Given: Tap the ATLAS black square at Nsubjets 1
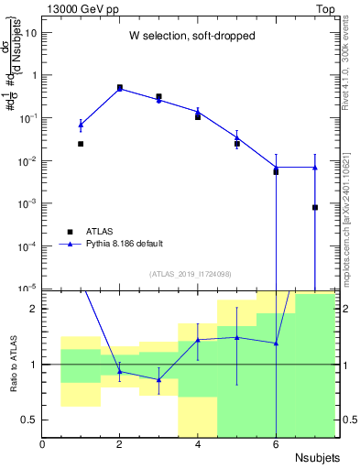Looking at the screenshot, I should [81, 144].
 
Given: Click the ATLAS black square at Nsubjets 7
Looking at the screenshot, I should [315, 207].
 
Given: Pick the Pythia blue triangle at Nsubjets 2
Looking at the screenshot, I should [120, 89].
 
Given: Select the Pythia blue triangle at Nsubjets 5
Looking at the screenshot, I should [237, 137].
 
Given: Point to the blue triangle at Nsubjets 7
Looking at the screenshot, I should [315, 168].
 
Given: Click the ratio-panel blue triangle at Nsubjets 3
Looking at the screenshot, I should [158, 379].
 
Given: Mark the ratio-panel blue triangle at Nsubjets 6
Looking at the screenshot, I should [276, 344].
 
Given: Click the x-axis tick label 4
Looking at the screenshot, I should [198, 444].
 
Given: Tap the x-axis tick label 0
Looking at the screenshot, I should [42, 444].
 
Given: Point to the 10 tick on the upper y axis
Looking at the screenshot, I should [30, 32].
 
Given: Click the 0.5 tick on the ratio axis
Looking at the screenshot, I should [27, 420].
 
